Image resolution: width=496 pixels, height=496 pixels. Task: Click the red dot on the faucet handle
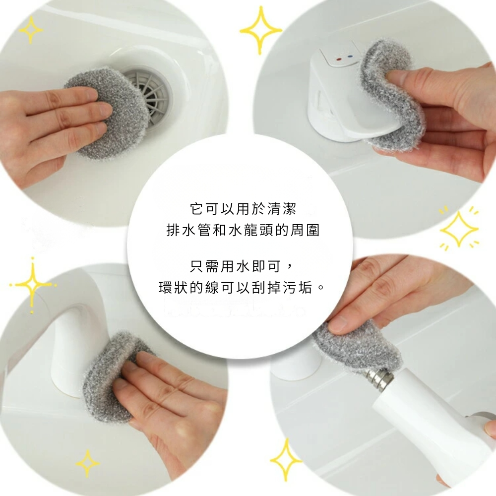pos(339,59)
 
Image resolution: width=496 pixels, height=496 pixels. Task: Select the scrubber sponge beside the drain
pos(106,112)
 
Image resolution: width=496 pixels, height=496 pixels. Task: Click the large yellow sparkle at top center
pos(260,30)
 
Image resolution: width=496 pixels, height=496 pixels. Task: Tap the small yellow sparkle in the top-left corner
pos(31,30)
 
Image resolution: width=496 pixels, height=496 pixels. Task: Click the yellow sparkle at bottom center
pos(286,460)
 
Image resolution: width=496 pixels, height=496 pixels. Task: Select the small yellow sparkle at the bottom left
pos(87,464)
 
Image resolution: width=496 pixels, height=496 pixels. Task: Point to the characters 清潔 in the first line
pos(282,209)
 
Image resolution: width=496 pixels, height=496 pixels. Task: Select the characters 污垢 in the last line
pos(298,287)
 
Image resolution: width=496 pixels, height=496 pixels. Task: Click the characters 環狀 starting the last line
pos(173,287)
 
